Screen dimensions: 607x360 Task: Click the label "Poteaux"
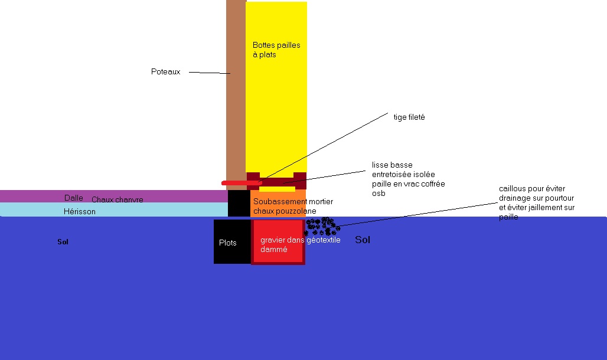coord(165,71)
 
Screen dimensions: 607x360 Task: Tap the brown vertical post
coord(236,89)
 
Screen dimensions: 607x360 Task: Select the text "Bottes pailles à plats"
coord(276,50)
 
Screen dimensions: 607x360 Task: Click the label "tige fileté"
coord(409,117)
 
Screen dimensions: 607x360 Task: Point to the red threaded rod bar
coord(241,183)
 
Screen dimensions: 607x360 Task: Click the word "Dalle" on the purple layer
coord(73,198)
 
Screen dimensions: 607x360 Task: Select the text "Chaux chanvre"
coord(117,200)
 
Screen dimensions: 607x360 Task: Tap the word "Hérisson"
coord(79,211)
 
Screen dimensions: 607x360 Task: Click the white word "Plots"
coord(227,243)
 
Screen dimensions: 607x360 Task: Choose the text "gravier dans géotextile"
coord(300,240)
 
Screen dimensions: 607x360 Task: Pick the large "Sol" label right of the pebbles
coord(363,240)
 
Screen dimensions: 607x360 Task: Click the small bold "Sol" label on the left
coord(63,242)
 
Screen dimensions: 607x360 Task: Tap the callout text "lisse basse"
coord(392,165)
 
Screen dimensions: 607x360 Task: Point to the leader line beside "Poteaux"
coord(209,73)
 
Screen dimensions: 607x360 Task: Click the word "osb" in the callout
coord(378,193)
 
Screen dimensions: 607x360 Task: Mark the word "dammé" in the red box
coord(273,249)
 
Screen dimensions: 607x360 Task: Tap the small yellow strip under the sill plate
coord(277,189)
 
